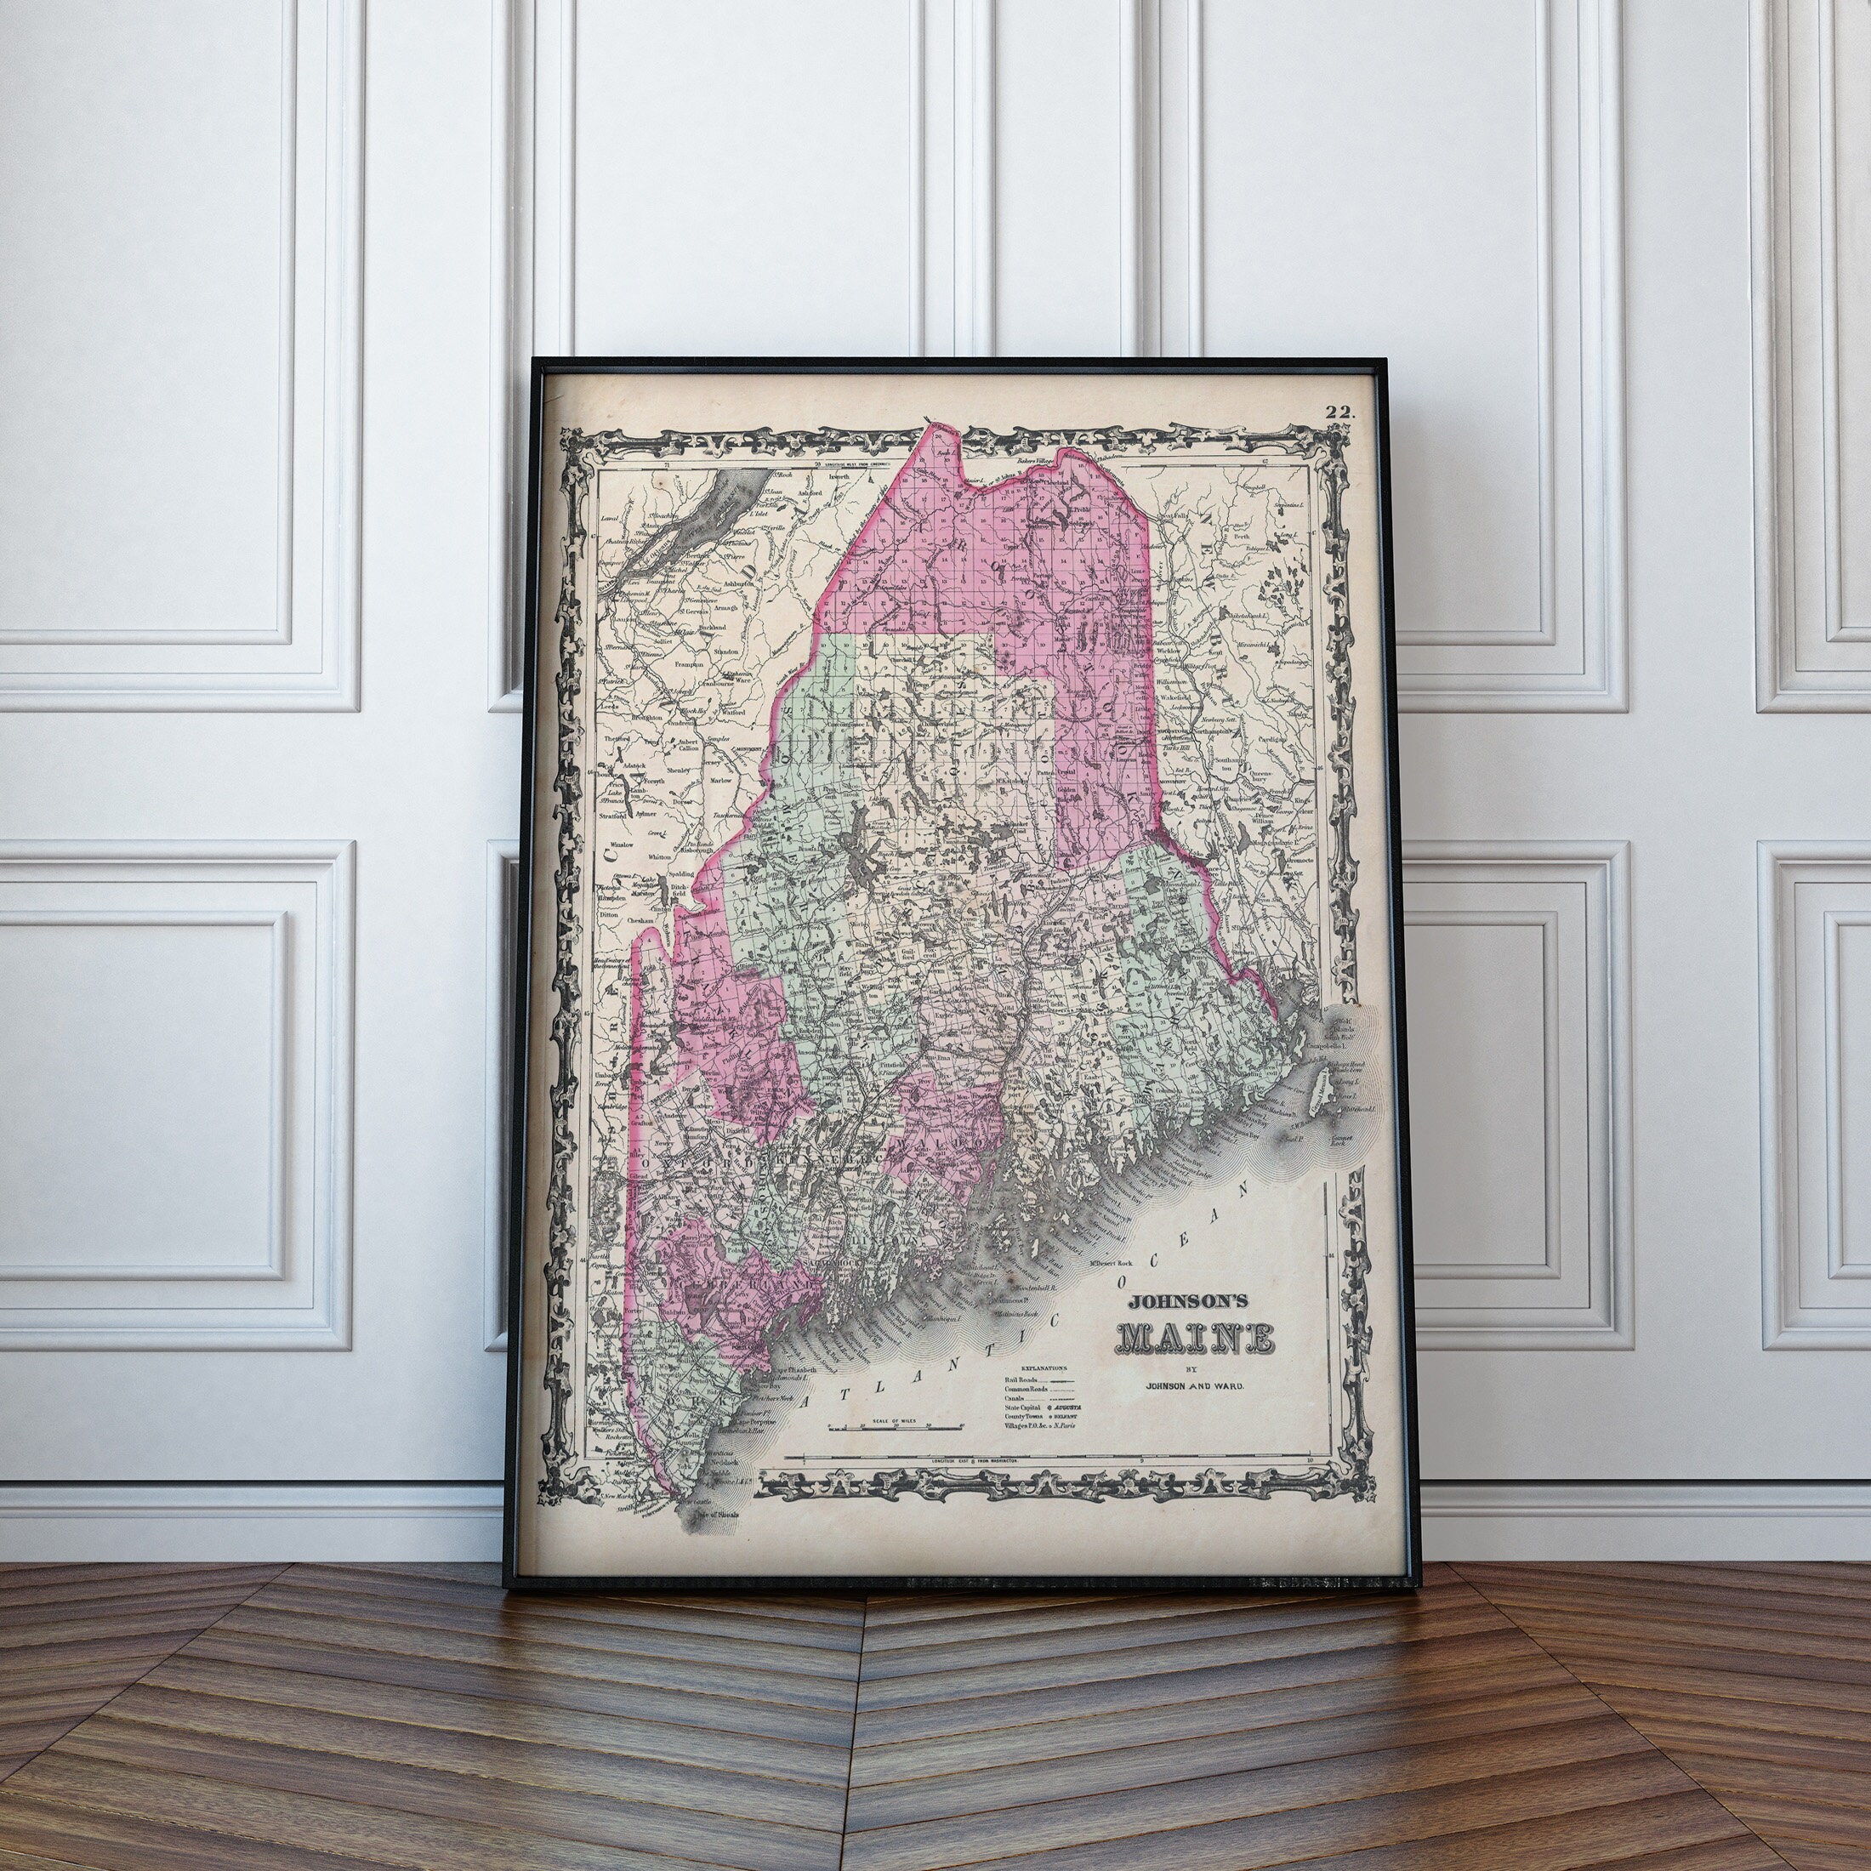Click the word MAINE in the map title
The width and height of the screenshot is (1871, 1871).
1196,1339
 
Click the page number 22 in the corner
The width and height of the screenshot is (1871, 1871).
1341,412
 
